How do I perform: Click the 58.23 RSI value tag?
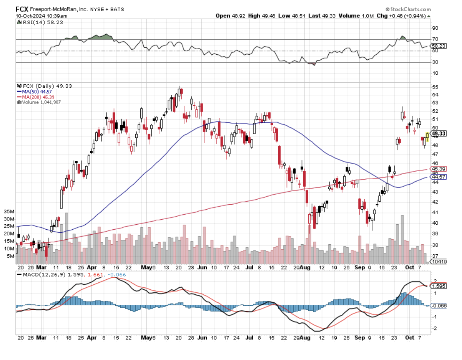point(439,46)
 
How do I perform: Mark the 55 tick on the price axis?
point(435,87)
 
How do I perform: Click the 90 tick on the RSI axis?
point(435,28)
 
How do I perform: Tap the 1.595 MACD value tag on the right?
point(439,286)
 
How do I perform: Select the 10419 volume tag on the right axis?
point(439,261)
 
